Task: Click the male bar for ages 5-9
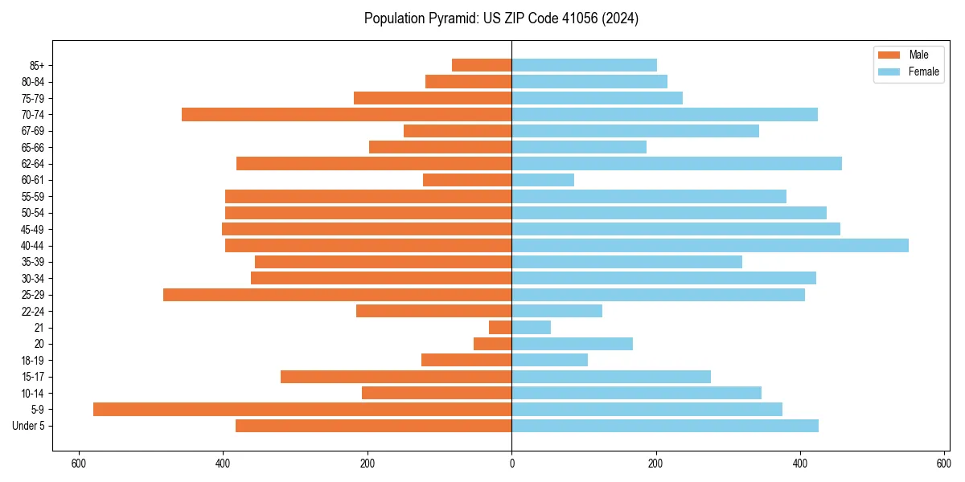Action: click(x=302, y=409)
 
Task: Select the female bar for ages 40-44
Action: click(x=710, y=245)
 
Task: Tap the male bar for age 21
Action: click(x=500, y=327)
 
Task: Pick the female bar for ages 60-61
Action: click(x=543, y=180)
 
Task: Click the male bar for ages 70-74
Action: click(x=347, y=114)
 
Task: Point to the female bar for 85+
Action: click(x=584, y=65)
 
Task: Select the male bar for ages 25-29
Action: click(x=337, y=294)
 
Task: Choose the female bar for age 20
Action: click(x=572, y=344)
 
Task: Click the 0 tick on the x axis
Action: click(x=511, y=464)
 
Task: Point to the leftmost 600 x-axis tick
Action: click(x=79, y=464)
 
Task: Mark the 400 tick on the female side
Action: click(x=799, y=464)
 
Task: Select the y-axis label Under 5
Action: click(x=29, y=426)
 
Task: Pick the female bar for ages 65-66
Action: click(x=579, y=147)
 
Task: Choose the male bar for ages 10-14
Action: click(x=437, y=393)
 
